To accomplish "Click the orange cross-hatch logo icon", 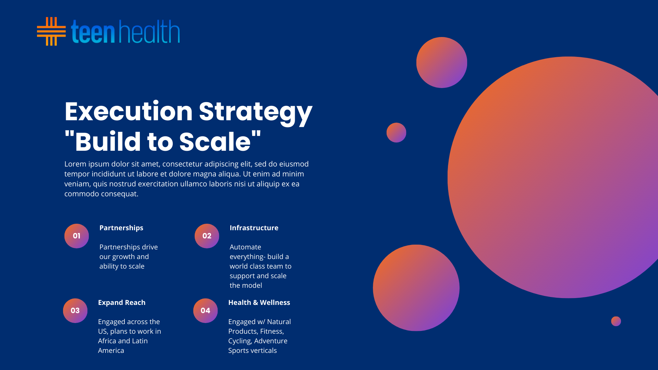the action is (x=51, y=31).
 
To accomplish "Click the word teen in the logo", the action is (x=93, y=32).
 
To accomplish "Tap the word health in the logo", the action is (x=149, y=31).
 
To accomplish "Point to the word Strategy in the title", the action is (x=256, y=113).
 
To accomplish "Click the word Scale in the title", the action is (x=215, y=141).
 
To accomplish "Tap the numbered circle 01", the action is (x=77, y=236).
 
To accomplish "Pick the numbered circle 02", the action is (x=207, y=236).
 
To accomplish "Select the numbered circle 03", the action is (x=75, y=311).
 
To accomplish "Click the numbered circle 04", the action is (x=206, y=311).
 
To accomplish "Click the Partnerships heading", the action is (x=121, y=228).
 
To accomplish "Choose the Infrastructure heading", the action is (x=254, y=228).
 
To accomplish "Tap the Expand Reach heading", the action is (x=122, y=303).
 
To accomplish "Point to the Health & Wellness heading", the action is (x=259, y=303).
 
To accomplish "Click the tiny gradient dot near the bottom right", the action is (x=616, y=321).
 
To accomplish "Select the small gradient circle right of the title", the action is (x=397, y=133).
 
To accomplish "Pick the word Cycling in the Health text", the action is (x=240, y=341).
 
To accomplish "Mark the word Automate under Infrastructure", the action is (x=245, y=247).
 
